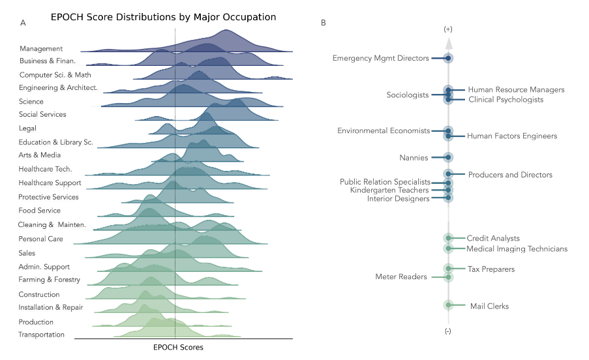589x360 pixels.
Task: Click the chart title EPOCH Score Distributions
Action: coord(163,17)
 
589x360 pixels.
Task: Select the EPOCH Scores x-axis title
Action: coord(178,348)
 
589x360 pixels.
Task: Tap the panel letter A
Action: coord(23,23)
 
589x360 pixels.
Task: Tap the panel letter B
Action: coord(324,23)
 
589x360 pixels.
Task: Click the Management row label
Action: coord(41,49)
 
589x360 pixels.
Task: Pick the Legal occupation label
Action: coord(29,128)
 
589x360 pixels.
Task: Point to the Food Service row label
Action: coord(40,211)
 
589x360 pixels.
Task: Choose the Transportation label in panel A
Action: coord(42,335)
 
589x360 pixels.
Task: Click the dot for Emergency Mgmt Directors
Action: coord(448,59)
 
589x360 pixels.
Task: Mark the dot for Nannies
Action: coord(448,158)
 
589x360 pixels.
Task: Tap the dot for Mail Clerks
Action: coord(448,305)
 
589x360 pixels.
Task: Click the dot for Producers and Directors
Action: coord(448,174)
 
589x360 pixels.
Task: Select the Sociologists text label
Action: coord(408,95)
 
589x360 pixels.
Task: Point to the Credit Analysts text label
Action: coord(493,239)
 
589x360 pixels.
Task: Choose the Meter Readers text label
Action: coord(401,277)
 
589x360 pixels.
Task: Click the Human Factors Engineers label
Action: coord(512,136)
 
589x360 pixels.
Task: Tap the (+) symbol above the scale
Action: coord(448,30)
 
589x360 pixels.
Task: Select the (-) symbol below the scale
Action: coord(448,331)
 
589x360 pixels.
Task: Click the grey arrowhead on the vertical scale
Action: coord(448,44)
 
